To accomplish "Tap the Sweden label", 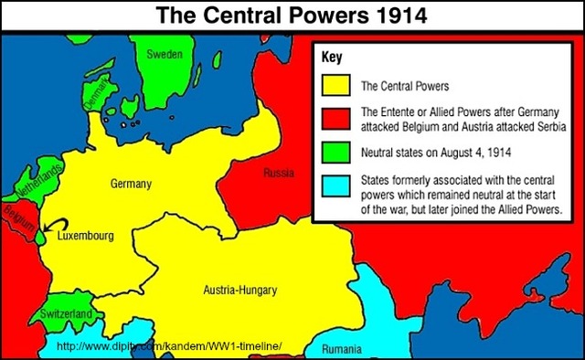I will [x=165, y=55].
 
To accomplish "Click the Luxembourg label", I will [x=85, y=236].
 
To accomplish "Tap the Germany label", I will [x=131, y=184].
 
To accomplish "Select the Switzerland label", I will [x=67, y=313].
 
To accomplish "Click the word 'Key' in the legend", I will [x=332, y=58].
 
